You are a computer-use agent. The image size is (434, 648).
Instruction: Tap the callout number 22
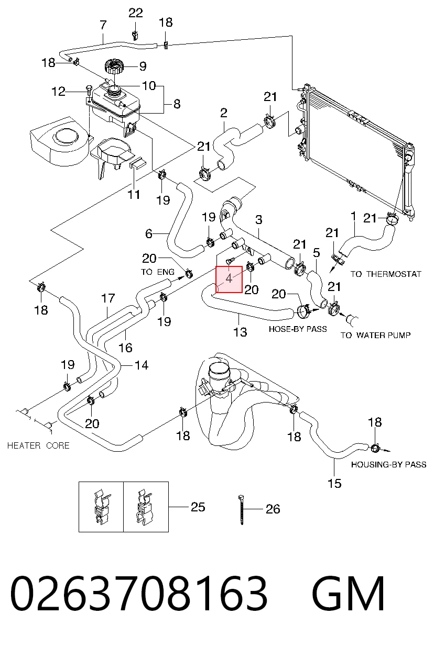[x=136, y=13]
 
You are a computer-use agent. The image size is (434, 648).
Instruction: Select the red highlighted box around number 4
[x=229, y=279]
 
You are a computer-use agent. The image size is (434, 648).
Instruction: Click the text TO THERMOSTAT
[x=386, y=274]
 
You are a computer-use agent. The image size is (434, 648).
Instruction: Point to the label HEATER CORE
[x=38, y=445]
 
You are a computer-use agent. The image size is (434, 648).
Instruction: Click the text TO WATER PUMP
[x=375, y=336]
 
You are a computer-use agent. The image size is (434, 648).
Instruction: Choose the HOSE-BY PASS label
[x=298, y=329]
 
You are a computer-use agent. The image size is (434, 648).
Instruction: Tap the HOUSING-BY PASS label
[x=388, y=465]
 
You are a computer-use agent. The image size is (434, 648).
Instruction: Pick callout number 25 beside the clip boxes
[x=198, y=507]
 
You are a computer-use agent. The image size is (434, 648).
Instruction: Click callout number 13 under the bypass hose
[x=240, y=332]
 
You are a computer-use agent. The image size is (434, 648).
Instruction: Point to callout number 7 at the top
[x=103, y=25]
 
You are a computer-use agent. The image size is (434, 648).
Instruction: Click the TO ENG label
[x=158, y=272]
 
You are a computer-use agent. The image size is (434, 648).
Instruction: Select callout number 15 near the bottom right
[x=334, y=484]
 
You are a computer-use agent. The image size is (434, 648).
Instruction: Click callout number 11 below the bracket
[x=134, y=195]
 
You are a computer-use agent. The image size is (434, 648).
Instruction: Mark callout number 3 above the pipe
[x=259, y=219]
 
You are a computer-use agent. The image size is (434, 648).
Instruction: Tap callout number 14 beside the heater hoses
[x=142, y=365]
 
